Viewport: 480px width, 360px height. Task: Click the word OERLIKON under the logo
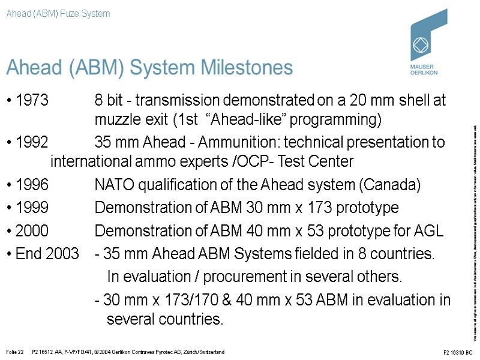click(x=424, y=72)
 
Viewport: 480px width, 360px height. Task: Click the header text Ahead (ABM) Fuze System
click(x=58, y=13)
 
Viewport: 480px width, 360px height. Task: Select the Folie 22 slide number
click(x=14, y=352)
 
